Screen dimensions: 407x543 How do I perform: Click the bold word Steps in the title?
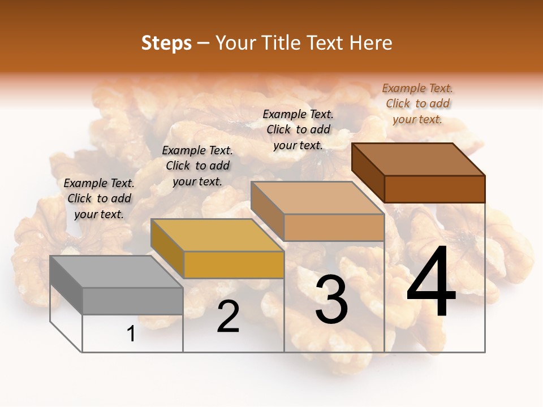[166, 44]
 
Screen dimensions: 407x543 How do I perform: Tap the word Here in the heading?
[371, 43]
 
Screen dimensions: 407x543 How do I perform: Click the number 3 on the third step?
[331, 299]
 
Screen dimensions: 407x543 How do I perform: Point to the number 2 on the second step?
[228, 317]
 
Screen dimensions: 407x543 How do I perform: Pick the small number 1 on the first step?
[131, 334]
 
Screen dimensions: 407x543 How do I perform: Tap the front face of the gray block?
[133, 301]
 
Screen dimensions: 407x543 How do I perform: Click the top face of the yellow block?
[217, 235]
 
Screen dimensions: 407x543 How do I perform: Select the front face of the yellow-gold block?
[234, 265]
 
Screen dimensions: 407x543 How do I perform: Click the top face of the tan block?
[317, 198]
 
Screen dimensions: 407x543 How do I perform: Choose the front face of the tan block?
[334, 227]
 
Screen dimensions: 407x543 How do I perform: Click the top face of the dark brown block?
[418, 159]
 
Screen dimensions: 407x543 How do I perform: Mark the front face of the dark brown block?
[434, 189]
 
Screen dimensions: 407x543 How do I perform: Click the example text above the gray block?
[99, 198]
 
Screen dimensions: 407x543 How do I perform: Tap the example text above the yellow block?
[197, 166]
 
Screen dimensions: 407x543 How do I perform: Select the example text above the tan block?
[298, 129]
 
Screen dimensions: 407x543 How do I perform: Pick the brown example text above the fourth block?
[417, 103]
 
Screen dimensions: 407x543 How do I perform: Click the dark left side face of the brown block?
[368, 172]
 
